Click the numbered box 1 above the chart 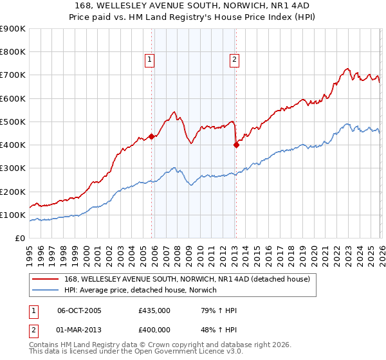[149, 60]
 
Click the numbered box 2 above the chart [234, 60]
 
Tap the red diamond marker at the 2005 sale [152, 136]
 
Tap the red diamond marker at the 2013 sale [236, 145]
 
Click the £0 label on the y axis [19, 238]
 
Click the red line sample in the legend [46, 279]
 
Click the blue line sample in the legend [46, 290]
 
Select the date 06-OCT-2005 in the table [79, 310]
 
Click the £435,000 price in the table [154, 310]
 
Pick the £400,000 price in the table [154, 330]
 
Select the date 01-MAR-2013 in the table [79, 330]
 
